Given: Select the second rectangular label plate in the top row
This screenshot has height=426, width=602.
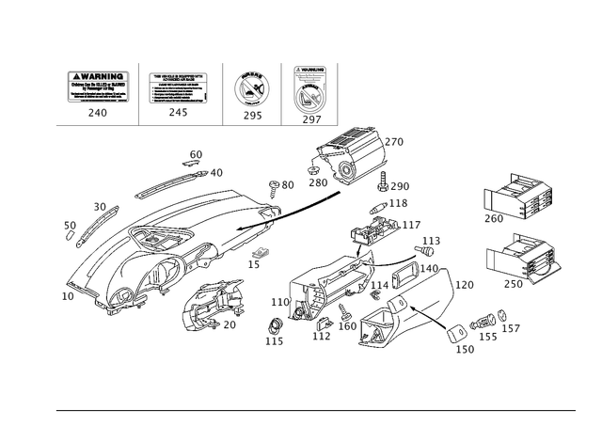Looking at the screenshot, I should pyautogui.click(x=178, y=87).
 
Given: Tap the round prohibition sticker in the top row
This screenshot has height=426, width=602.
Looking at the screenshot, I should pyautogui.click(x=251, y=90).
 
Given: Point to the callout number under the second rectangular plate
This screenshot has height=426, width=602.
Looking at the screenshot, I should pyautogui.click(x=176, y=113).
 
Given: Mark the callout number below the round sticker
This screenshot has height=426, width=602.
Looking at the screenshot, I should pyautogui.click(x=251, y=117).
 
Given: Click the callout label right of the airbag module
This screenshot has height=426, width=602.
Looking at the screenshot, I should pyautogui.click(x=395, y=140).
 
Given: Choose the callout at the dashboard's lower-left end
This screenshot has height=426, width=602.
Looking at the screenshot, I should pyautogui.click(x=67, y=295).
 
